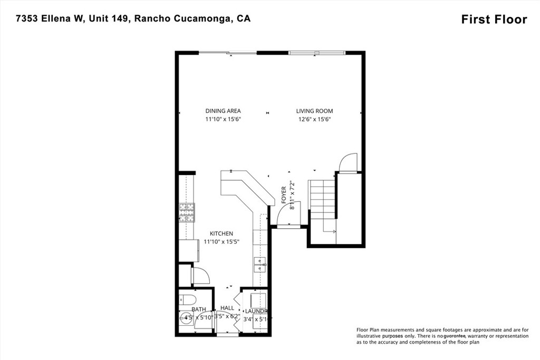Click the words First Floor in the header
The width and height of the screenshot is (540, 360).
pyautogui.click(x=494, y=20)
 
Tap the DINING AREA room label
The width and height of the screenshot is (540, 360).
pyautogui.click(x=223, y=111)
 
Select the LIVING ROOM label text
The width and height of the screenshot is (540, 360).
pyautogui.click(x=314, y=111)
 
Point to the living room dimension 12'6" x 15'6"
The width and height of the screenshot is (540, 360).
pyautogui.click(x=314, y=119)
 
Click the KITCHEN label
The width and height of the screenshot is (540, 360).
pyautogui.click(x=221, y=233)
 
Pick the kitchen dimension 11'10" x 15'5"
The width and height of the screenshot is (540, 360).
pyautogui.click(x=221, y=242)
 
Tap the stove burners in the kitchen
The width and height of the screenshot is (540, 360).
pyautogui.click(x=187, y=212)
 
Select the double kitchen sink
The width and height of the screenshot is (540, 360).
pyautogui.click(x=260, y=264)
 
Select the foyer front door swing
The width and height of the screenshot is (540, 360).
pyautogui.click(x=289, y=213)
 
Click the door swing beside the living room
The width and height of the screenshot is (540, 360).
pyautogui.click(x=348, y=163)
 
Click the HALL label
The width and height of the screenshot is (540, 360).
pyautogui.click(x=227, y=308)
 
